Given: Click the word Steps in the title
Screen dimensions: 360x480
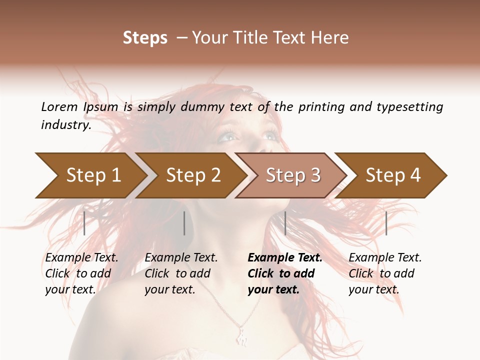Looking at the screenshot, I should pyautogui.click(x=145, y=38).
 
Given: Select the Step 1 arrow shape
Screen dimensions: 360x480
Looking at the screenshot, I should pyautogui.click(x=90, y=175).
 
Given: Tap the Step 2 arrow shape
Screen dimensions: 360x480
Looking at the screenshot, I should pyautogui.click(x=192, y=175).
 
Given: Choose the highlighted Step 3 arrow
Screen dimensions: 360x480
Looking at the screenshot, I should pyautogui.click(x=292, y=175).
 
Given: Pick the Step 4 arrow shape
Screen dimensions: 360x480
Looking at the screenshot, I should pyautogui.click(x=392, y=175).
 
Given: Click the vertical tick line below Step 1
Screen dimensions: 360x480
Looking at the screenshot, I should pyautogui.click(x=84, y=223).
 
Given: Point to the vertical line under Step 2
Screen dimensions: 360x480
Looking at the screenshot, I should pyautogui.click(x=184, y=223).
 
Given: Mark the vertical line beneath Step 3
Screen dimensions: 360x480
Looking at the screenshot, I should pyautogui.click(x=285, y=223).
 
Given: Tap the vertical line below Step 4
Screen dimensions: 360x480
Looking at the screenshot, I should pyautogui.click(x=386, y=223).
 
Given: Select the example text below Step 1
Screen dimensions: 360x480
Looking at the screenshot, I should pyautogui.click(x=81, y=273).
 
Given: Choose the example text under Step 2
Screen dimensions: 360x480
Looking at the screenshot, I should pyautogui.click(x=181, y=273).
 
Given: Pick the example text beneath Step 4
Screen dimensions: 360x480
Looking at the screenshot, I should pyautogui.click(x=385, y=273).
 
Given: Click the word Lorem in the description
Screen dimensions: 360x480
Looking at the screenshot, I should pyautogui.click(x=59, y=107).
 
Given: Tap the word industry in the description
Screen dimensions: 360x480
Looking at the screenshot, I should pyautogui.click(x=66, y=125).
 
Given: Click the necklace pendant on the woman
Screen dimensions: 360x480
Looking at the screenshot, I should pyautogui.click(x=241, y=336).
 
